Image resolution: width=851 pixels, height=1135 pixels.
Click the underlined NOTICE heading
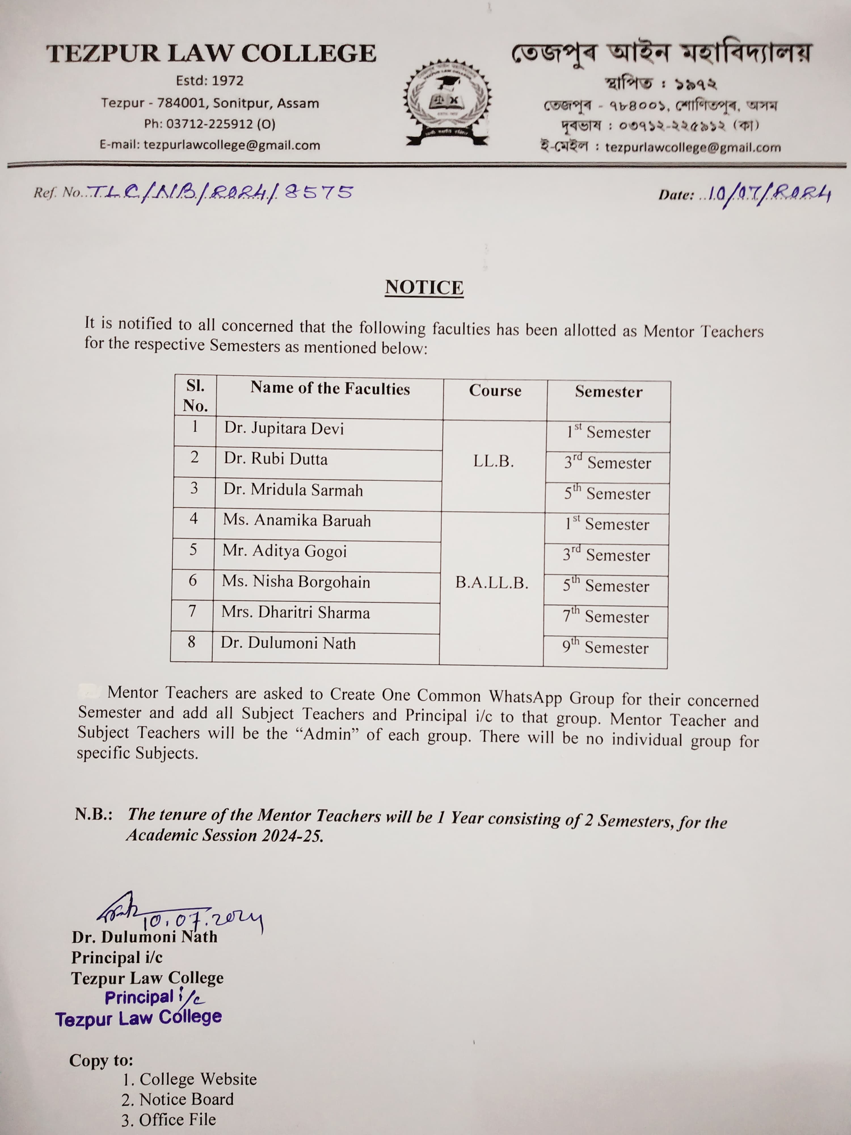pos(424,287)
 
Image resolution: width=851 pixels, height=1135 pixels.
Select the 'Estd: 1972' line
pos(210,81)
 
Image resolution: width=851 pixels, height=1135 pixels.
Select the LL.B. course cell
pos(494,461)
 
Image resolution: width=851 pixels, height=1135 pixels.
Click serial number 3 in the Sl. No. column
pos(194,488)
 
